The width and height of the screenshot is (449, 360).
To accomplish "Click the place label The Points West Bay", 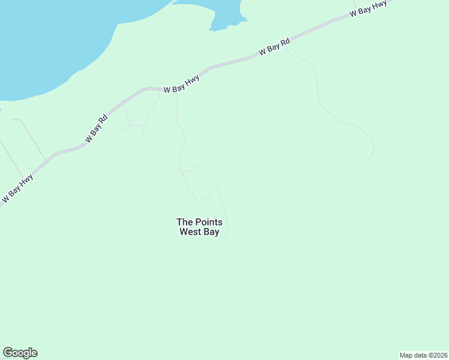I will (x=199, y=227).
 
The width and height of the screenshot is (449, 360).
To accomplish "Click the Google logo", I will (x=20, y=353).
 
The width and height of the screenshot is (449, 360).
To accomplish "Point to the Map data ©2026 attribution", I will (x=423, y=355).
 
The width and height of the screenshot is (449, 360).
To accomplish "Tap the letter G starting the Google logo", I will (x=8, y=353).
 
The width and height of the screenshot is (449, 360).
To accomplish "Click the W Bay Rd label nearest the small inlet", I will (x=275, y=47).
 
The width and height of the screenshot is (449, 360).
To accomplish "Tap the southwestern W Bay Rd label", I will (x=96, y=129).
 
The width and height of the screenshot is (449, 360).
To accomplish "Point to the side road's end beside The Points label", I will (x=224, y=238).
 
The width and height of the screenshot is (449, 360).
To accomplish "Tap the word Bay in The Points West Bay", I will (x=212, y=232).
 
